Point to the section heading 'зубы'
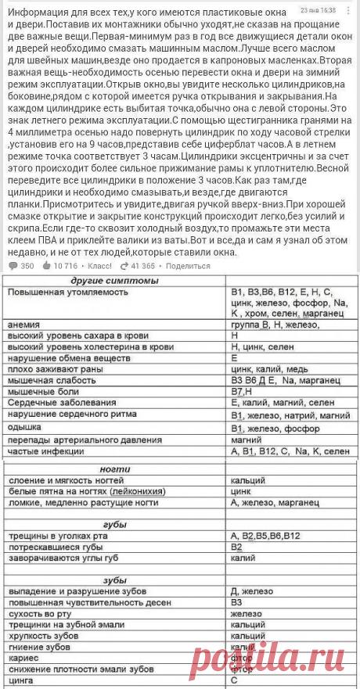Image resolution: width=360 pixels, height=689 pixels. click(113, 579)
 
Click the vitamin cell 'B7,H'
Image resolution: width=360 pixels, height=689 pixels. click(243, 390)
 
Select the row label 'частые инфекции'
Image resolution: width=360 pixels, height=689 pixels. click(46, 452)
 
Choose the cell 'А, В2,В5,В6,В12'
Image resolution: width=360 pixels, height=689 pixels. click(266, 535)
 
